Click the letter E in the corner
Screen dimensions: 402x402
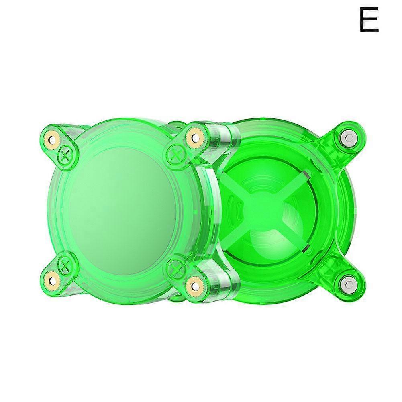[369, 19]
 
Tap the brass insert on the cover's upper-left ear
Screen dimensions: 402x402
[53, 140]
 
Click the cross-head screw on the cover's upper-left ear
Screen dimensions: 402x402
[66, 154]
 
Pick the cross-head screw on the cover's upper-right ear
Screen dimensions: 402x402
[175, 155]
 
